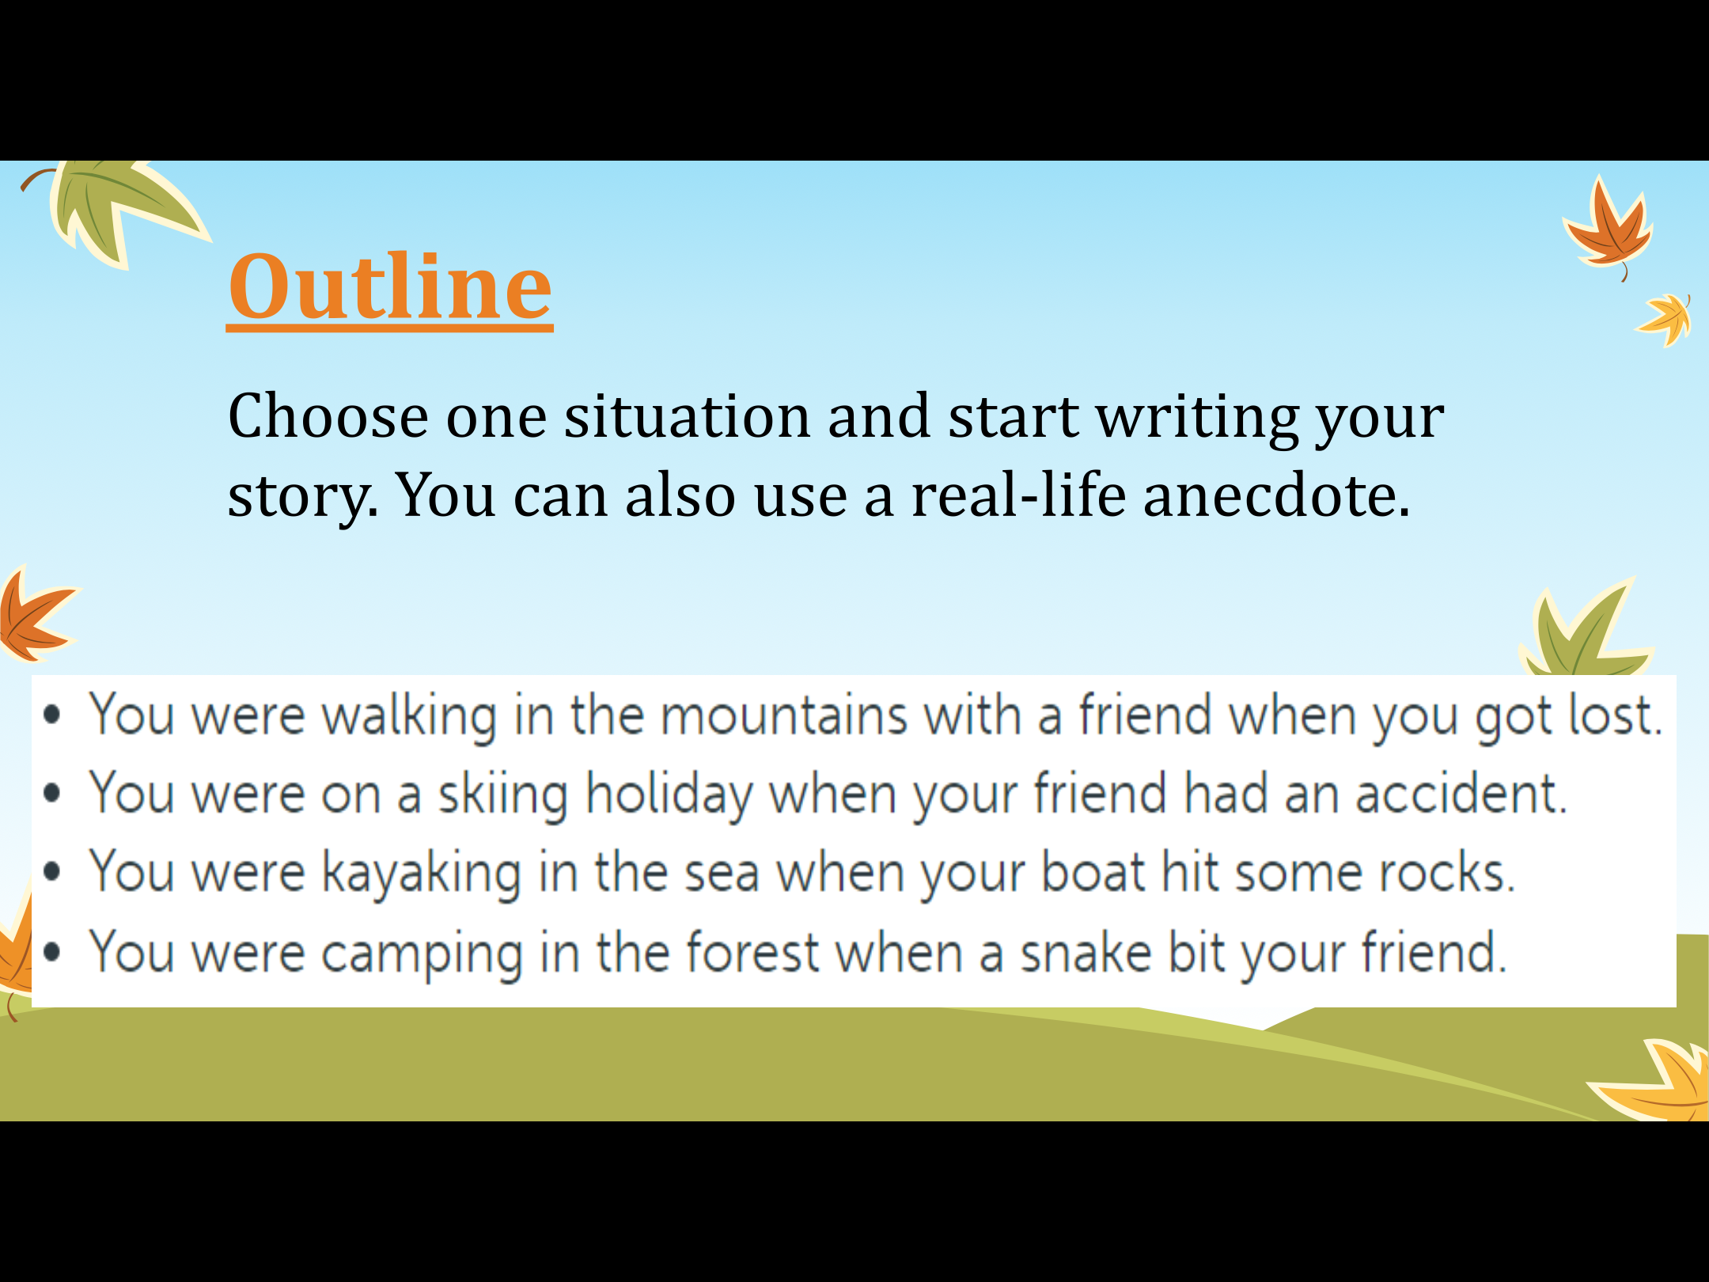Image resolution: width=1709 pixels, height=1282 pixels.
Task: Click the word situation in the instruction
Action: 687,416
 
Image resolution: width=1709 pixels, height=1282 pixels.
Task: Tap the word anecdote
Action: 1276,495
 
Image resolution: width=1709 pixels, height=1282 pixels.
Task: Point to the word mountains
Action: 783,715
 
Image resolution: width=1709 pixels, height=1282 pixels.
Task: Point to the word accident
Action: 1461,794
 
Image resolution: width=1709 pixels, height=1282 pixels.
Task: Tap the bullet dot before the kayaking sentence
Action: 52,872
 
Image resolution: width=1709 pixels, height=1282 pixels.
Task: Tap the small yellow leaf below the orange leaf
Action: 1665,320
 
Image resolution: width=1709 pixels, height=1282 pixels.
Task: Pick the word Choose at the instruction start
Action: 328,416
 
